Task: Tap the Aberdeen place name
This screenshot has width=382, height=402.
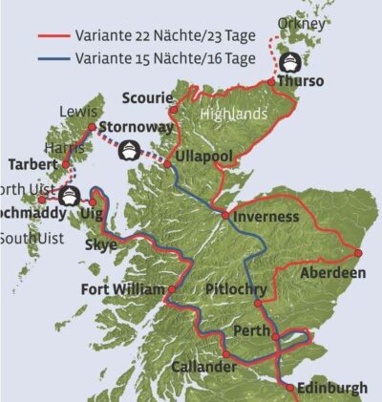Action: click(x=332, y=272)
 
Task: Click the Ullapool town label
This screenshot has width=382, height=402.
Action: click(x=202, y=156)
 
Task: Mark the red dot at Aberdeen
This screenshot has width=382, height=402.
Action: click(x=357, y=253)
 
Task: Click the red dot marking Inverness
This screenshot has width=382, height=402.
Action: click(x=225, y=216)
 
